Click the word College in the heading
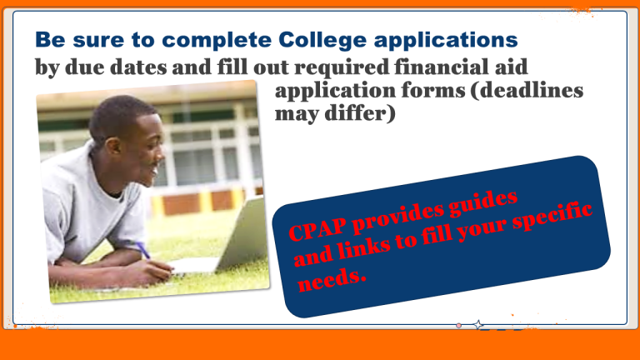(322, 41)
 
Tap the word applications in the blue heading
(446, 41)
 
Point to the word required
(342, 67)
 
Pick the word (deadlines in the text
(527, 90)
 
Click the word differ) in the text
(360, 113)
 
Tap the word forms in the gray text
(433, 90)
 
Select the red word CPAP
(317, 228)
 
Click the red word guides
(483, 202)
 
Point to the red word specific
(552, 217)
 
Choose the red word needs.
(332, 280)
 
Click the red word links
(364, 247)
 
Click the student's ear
(113, 146)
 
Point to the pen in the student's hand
(142, 250)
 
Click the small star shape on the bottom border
(478, 325)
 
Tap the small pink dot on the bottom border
(459, 325)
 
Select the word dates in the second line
(138, 67)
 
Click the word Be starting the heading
(50, 41)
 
